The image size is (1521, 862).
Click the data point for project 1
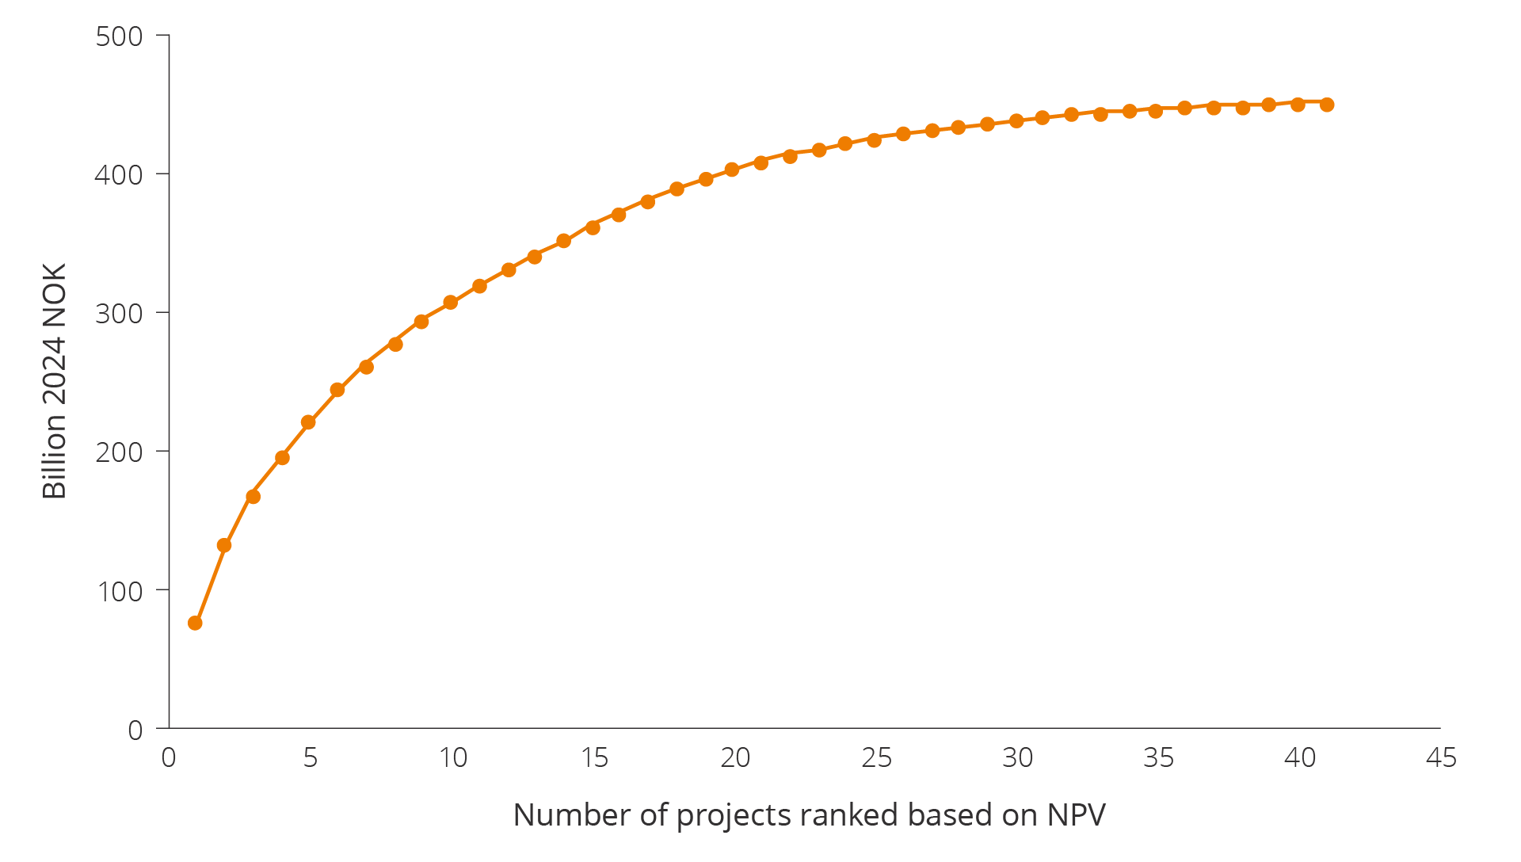pyautogui.click(x=195, y=624)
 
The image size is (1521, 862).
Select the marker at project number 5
pyautogui.click(x=308, y=422)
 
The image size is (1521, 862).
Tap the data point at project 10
pyautogui.click(x=451, y=303)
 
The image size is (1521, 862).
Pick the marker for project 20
pyautogui.click(x=732, y=170)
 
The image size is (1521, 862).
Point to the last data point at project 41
pyautogui.click(x=1327, y=105)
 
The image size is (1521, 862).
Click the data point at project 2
pyautogui.click(x=224, y=545)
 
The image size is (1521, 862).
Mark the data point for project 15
pyautogui.click(x=593, y=227)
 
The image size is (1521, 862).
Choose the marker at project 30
pyautogui.click(x=1016, y=121)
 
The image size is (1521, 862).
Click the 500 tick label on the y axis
pyautogui.click(x=119, y=36)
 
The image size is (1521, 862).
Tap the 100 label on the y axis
pyautogui.click(x=119, y=591)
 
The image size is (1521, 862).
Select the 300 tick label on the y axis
pyautogui.click(x=119, y=314)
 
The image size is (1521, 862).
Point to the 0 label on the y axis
pyautogui.click(x=135, y=730)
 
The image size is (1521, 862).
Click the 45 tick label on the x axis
pyautogui.click(x=1441, y=758)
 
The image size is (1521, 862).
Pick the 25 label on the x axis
pyautogui.click(x=876, y=758)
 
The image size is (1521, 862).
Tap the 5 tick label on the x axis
pyautogui.click(x=311, y=758)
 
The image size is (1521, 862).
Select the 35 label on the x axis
pyautogui.click(x=1158, y=758)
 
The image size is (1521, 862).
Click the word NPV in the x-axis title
pyautogui.click(x=1076, y=815)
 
